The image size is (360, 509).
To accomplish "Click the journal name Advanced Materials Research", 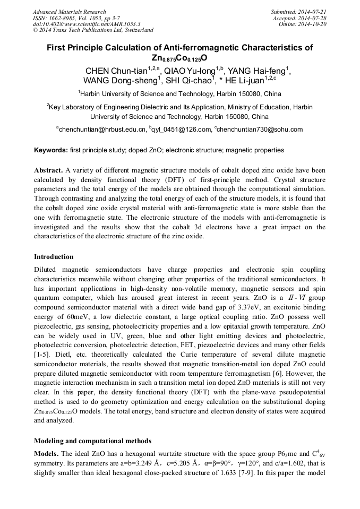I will tap(69, 12).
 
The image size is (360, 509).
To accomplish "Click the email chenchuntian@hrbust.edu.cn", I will tap(101, 129).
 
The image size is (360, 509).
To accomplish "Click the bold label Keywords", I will tap(50, 150).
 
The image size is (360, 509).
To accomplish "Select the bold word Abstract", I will tap(48, 171).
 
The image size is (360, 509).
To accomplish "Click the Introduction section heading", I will tap(54, 256).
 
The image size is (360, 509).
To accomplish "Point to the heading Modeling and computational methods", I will tap(92, 441).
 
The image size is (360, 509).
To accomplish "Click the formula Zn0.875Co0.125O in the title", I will tap(179, 57).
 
